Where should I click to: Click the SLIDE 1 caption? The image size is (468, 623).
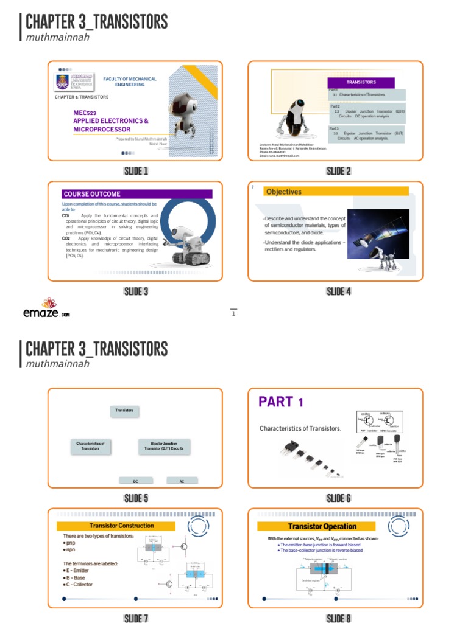tap(136, 171)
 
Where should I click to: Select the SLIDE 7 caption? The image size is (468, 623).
tap(136, 618)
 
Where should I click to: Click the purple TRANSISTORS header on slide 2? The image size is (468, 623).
tap(361, 82)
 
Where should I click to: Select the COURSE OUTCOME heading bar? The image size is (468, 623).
tap(137, 194)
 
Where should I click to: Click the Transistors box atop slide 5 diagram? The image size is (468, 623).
tap(125, 411)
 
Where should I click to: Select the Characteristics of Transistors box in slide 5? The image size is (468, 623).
tap(90, 446)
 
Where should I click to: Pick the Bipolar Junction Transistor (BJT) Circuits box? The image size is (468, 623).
tap(163, 446)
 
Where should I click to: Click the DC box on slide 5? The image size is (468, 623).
tap(135, 481)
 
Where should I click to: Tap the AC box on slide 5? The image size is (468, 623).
tap(182, 481)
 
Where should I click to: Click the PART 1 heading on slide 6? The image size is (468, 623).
tap(281, 402)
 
